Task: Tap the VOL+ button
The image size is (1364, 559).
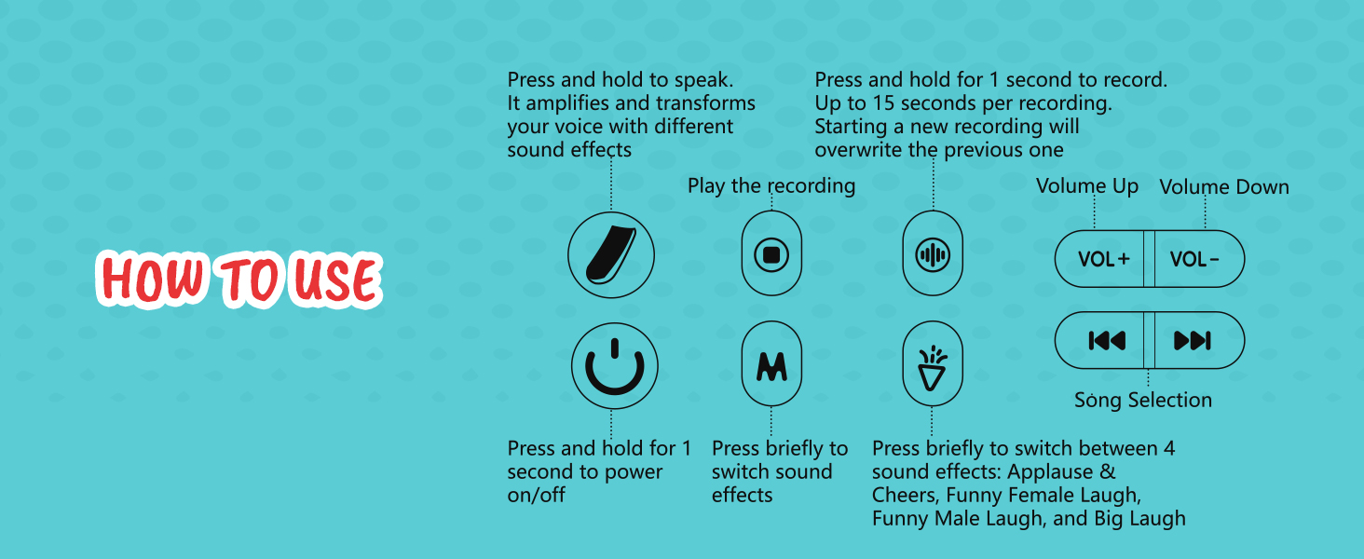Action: coord(1104,259)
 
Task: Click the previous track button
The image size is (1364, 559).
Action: coord(1106,341)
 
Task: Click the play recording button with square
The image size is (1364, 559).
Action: coord(771,254)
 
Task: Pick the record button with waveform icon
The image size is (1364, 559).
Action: coord(933,254)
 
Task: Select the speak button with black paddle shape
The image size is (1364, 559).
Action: coord(611,254)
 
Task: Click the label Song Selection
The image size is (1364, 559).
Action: coord(1143,401)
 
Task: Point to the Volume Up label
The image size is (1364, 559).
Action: coord(1087,186)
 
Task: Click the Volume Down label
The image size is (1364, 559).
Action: coord(1224,186)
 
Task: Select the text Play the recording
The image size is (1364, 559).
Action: coord(771,185)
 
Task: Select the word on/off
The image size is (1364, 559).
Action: coord(536,495)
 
